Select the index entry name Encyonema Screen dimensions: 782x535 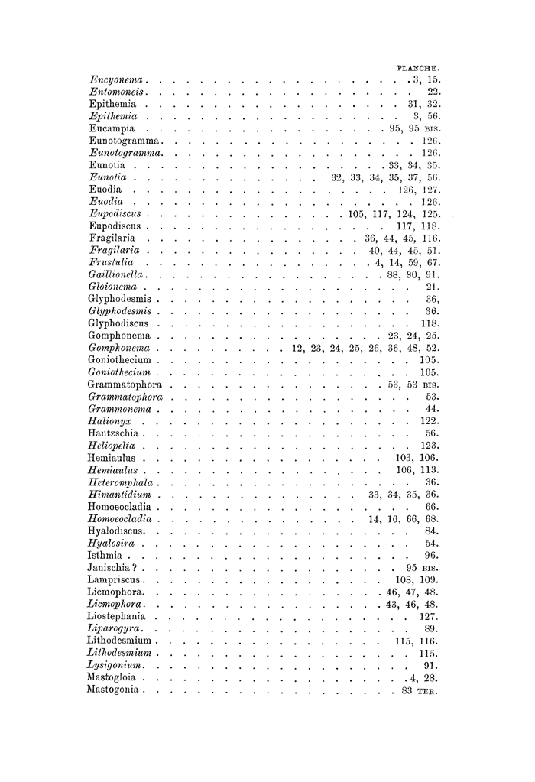pos(118,79)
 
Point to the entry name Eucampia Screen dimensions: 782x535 pos(113,128)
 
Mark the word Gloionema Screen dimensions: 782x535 pos(115,287)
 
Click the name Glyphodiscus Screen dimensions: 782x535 pos(118,323)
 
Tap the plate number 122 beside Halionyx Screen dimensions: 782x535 pos(428,421)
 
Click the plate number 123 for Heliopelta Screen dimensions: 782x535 pos(428,446)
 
